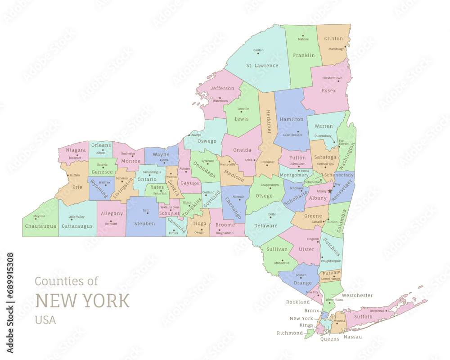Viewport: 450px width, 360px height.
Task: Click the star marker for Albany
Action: pos(330,191)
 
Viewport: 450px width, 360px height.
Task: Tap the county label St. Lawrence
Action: pos(262,66)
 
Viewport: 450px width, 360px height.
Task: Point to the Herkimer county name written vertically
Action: pos(268,121)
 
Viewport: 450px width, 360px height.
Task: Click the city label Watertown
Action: pos(220,101)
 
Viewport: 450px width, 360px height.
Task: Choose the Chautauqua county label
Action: pos(40,226)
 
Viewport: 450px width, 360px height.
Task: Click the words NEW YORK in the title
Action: pos(82,301)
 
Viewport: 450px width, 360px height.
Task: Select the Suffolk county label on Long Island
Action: pos(363,316)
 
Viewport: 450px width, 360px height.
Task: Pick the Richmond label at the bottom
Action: pos(290,333)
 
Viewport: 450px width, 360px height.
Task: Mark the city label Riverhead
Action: pos(377,311)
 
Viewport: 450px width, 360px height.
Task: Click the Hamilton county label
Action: pos(292,119)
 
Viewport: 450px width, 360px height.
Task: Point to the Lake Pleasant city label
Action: pos(292,135)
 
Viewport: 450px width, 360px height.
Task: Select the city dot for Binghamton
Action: pos(220,230)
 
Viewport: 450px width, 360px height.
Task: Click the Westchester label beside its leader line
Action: pos(357,295)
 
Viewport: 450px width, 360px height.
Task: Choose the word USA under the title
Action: pos(45,320)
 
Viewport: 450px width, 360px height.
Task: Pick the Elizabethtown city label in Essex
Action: pos(332,78)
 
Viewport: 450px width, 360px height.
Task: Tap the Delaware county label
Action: pos(265,225)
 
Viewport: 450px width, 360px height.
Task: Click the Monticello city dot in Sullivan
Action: pos(282,260)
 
